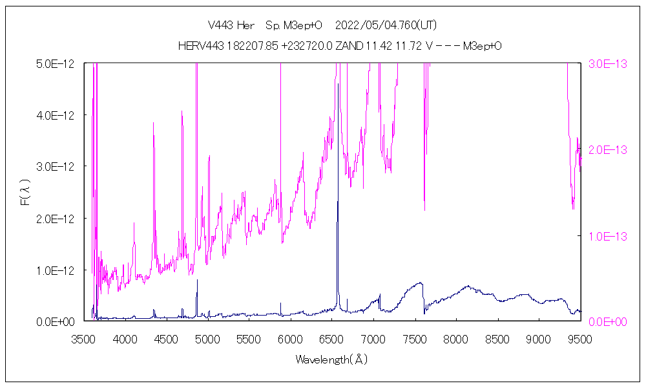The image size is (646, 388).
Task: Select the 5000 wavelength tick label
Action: (207, 338)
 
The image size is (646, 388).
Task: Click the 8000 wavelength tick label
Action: (456, 338)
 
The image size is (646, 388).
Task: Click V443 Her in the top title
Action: (231, 25)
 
